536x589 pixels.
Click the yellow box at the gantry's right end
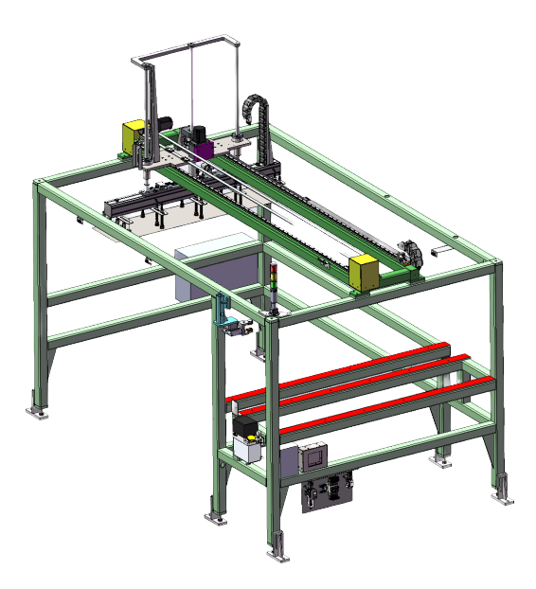tap(365, 272)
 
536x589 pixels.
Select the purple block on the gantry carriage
tap(202, 149)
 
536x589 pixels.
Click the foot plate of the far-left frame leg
tap(37, 412)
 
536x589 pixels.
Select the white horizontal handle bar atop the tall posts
tap(189, 46)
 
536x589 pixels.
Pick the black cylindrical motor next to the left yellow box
tap(164, 123)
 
